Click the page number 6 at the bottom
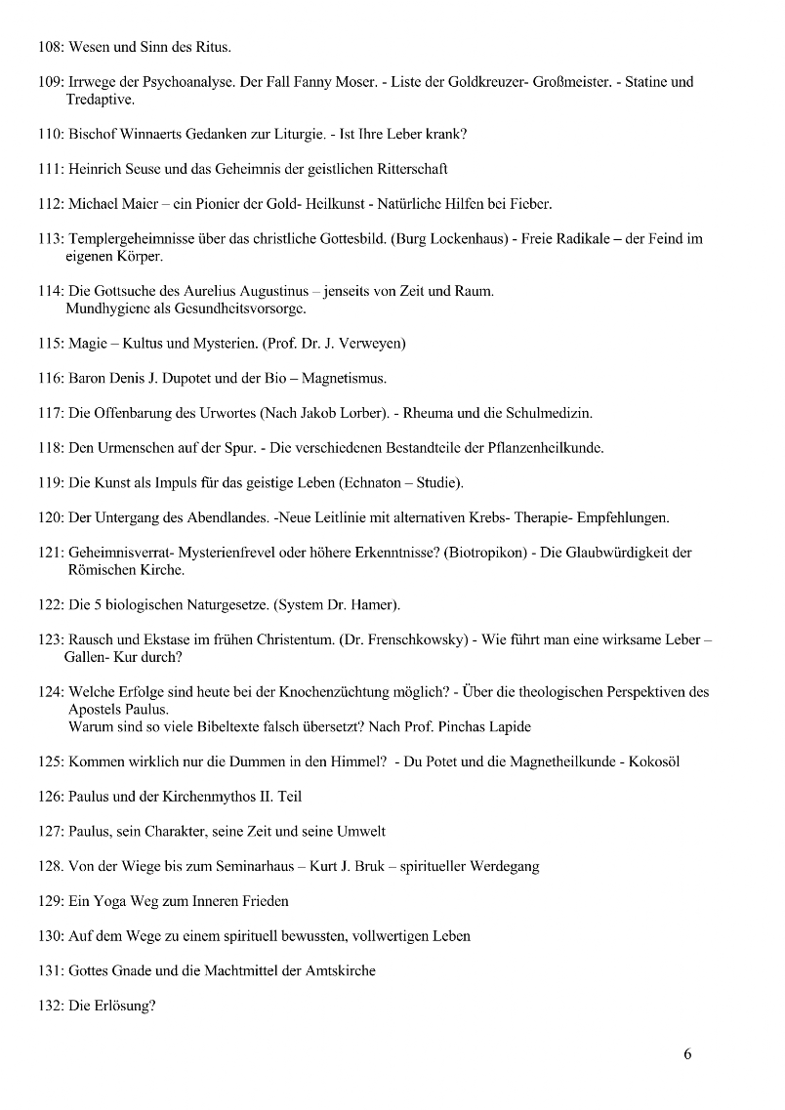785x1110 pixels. point(687,1054)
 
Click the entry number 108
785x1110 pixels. point(50,46)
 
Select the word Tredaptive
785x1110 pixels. point(101,100)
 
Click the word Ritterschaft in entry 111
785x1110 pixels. point(408,170)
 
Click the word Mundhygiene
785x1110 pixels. point(110,309)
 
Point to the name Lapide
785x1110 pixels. point(508,727)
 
